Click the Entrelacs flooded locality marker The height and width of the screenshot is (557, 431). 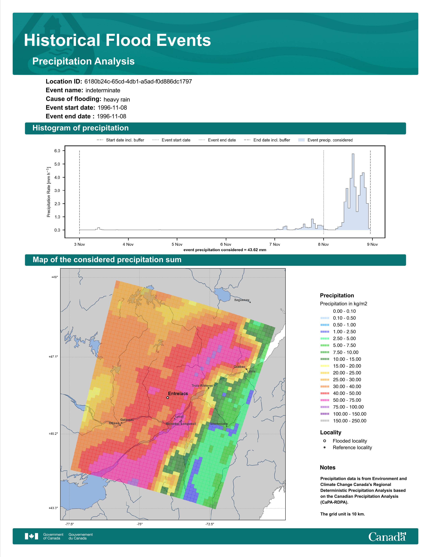167,398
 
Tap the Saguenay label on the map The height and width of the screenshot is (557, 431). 242,300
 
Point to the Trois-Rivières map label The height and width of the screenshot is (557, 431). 202,386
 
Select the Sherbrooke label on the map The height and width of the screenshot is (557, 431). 219,424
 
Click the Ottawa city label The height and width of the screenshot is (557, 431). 114,423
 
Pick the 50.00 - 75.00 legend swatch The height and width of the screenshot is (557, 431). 325,400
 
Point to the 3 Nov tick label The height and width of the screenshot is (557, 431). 79,244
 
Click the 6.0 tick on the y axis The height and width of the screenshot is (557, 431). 57,151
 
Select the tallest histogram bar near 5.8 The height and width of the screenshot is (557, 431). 353,192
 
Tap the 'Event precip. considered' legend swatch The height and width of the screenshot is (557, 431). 301,140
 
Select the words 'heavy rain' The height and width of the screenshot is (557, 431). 117,99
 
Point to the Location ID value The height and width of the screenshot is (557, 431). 138,82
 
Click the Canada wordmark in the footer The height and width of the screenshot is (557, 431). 387,536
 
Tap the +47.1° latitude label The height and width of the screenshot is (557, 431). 53,357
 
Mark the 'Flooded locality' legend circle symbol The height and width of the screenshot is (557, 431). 325,441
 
